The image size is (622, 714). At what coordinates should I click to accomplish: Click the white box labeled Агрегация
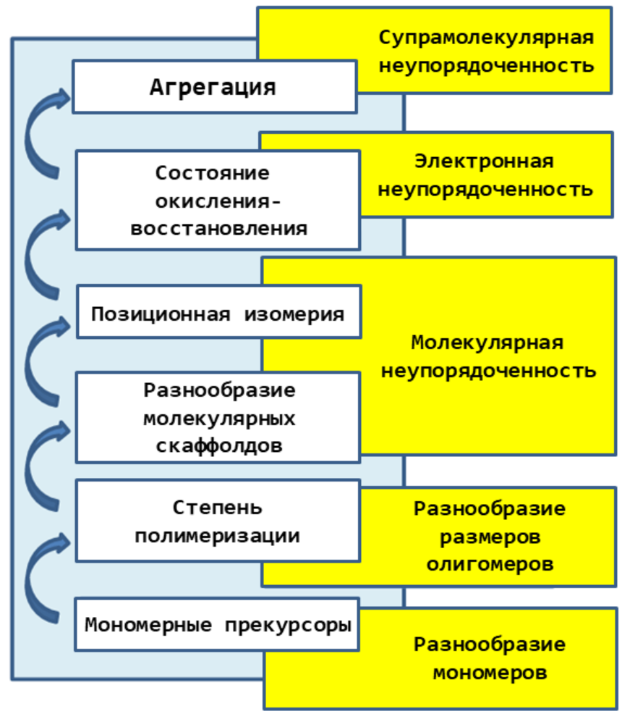coord(214,87)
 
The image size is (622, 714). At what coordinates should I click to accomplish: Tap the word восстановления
coord(218,229)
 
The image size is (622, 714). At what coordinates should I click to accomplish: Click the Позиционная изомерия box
coord(218,313)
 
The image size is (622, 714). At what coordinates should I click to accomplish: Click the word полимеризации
coord(218,537)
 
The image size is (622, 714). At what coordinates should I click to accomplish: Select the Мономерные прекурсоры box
coord(218,624)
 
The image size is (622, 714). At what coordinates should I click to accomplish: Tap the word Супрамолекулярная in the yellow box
coord(486,38)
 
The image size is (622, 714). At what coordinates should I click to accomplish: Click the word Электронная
coord(485,161)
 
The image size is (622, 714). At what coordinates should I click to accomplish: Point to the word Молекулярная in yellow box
coord(487,342)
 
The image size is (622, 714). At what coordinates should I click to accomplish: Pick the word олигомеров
coord(490,563)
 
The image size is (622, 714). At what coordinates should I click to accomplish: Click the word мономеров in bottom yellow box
coord(490,672)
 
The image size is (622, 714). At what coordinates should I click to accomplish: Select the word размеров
coord(490,536)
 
